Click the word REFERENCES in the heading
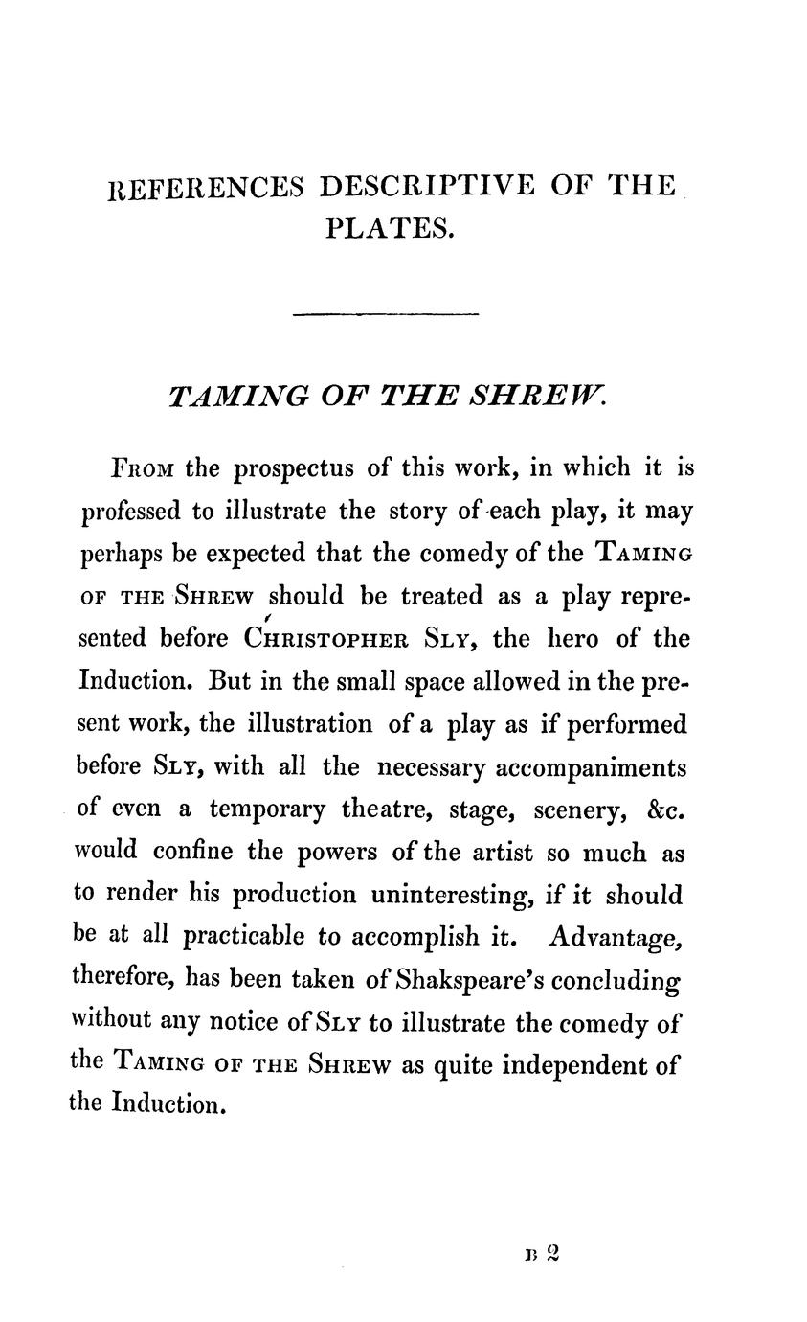[x=204, y=186]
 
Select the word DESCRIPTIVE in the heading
[x=426, y=185]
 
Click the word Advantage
[x=616, y=938]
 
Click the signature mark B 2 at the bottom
[x=541, y=1255]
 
